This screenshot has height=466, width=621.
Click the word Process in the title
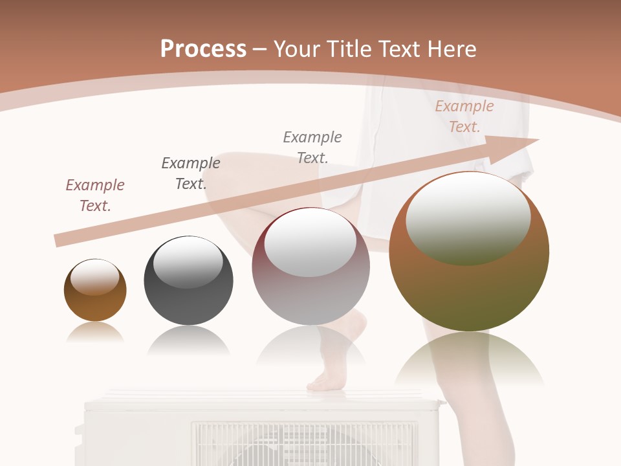(x=203, y=49)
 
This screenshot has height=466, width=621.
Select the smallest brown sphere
(x=95, y=291)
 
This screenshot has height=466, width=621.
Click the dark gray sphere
(x=188, y=281)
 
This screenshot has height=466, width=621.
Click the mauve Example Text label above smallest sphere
(x=95, y=195)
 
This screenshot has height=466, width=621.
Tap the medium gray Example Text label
(x=312, y=147)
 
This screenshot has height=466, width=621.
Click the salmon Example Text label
(x=464, y=116)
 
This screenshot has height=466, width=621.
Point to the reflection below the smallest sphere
(x=95, y=333)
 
